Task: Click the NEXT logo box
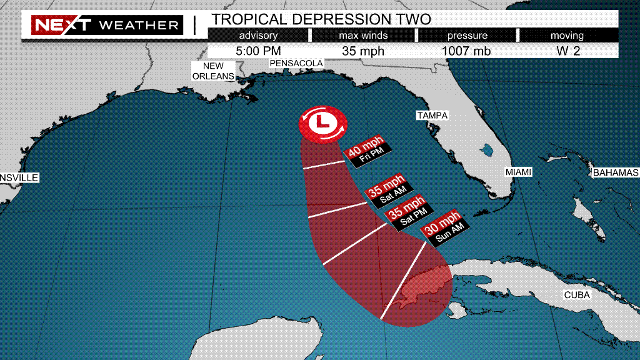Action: (x=62, y=26)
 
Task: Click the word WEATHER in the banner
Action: (x=139, y=26)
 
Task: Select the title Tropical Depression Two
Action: (x=321, y=18)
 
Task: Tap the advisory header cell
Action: (x=258, y=36)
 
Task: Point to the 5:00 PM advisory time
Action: (x=259, y=51)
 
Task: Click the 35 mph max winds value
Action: (x=363, y=51)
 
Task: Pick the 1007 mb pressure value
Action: (x=467, y=51)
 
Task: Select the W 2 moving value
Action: (x=568, y=51)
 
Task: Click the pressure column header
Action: (x=467, y=36)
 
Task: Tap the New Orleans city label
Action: (x=213, y=71)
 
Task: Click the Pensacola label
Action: (x=296, y=63)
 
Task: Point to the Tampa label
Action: (x=433, y=116)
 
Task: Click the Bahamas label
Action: (x=616, y=172)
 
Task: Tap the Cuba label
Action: (x=576, y=294)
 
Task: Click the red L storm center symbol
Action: (x=322, y=122)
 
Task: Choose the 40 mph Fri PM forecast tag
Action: (x=367, y=152)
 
